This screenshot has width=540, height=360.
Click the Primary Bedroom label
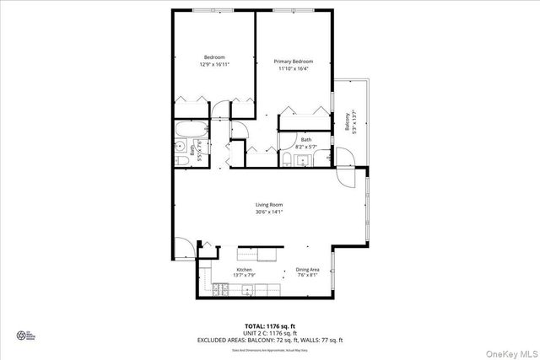[x=293, y=62]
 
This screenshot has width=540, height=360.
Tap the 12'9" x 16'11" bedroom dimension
[x=214, y=63]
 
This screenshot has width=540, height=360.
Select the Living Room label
[x=269, y=205]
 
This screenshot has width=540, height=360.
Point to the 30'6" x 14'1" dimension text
[x=269, y=212]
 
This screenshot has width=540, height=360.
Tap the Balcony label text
[x=346, y=123]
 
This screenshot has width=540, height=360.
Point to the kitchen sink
[x=247, y=291]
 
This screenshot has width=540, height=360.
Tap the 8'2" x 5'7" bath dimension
[x=305, y=147]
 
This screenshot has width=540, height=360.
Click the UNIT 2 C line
[x=269, y=332]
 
